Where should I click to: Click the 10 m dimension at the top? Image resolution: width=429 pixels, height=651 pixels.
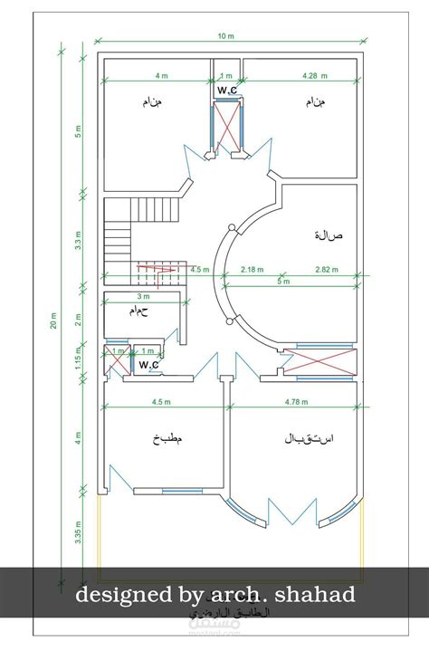225,36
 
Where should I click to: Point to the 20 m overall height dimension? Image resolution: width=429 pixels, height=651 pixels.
53,323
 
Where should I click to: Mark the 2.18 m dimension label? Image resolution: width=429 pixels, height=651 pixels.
253,269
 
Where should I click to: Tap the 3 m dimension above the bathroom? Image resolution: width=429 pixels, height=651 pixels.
142,296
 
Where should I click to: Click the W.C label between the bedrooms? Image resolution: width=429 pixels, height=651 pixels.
227,91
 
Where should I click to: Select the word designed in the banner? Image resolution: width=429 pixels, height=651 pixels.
116,595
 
